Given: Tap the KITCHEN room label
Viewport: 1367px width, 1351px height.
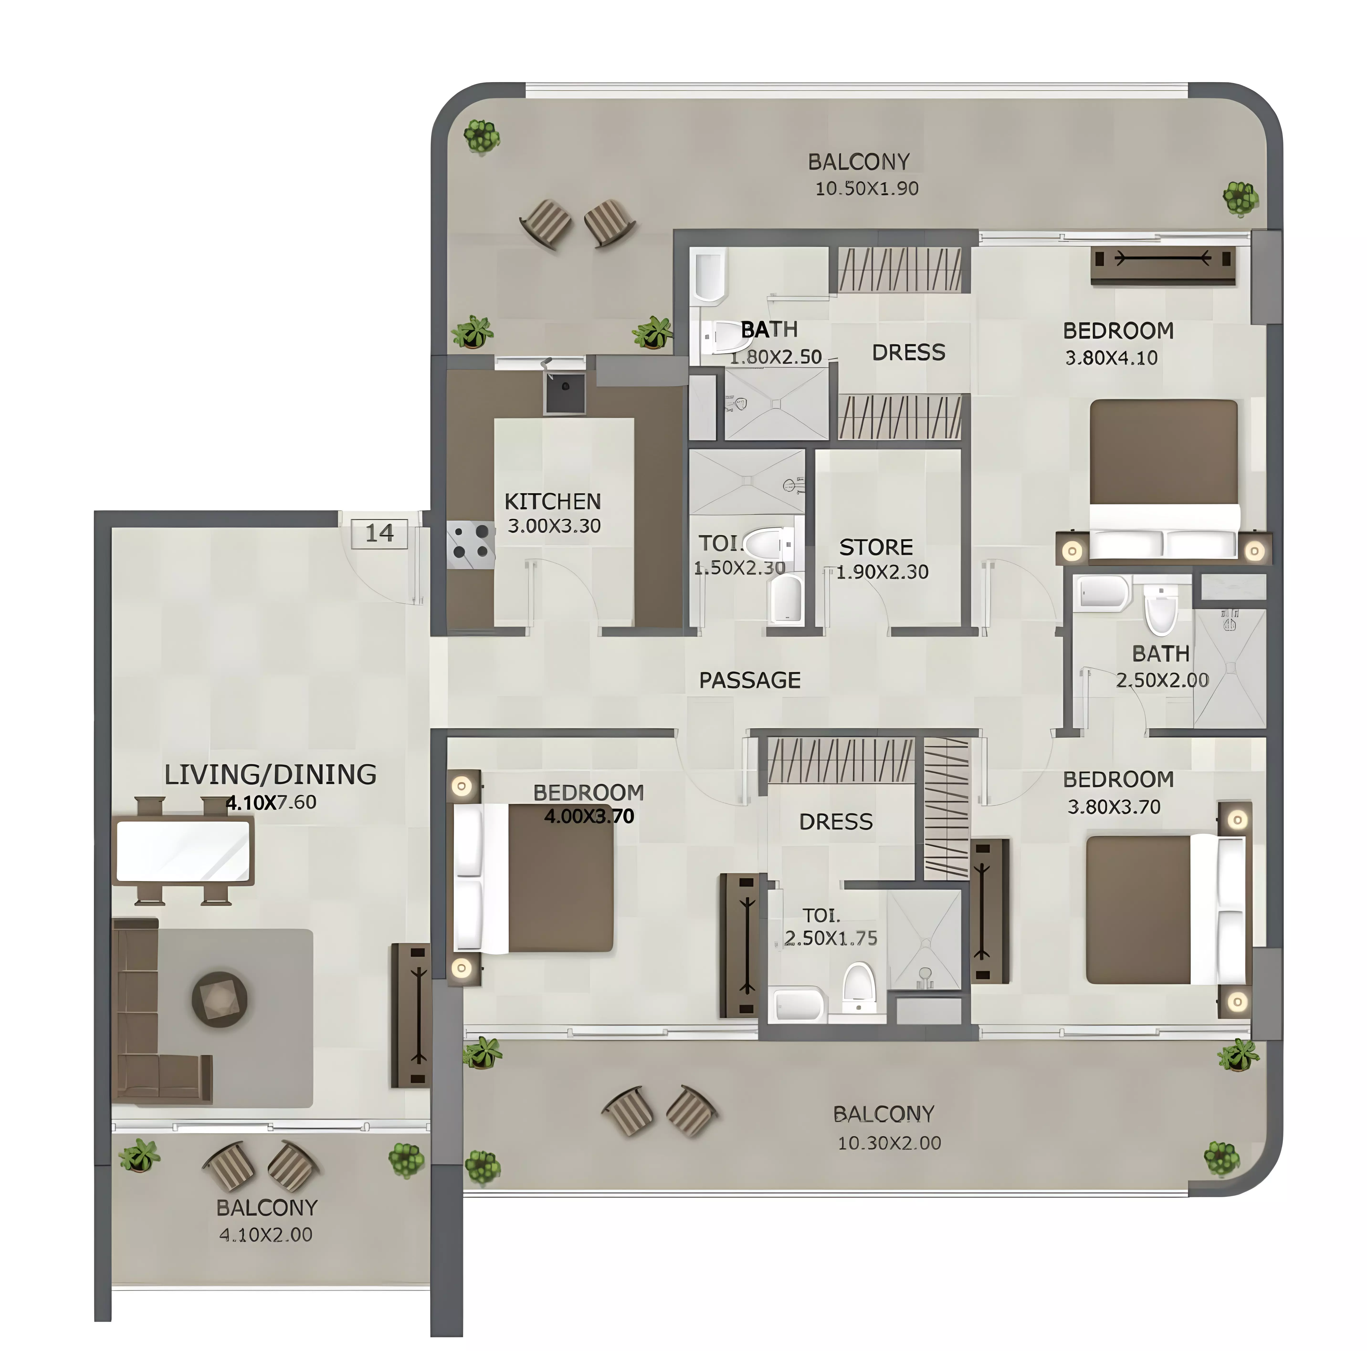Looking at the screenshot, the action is pos(553,502).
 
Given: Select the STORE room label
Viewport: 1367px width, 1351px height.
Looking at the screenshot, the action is pos(876,547).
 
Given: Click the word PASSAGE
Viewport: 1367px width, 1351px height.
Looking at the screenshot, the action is pos(750,681).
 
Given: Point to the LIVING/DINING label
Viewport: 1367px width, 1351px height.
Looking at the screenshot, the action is pos(270,774).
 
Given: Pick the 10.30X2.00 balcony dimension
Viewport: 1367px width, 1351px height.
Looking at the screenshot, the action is pos(889,1143).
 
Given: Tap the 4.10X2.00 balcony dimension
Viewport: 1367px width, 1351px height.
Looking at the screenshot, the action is pos(266,1234).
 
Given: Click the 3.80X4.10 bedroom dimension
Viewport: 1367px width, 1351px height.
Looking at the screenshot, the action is pos(1112,358).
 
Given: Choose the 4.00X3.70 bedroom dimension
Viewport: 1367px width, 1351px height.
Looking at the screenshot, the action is pos(589,816).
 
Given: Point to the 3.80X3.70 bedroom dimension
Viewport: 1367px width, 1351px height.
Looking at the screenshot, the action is pos(1114,807).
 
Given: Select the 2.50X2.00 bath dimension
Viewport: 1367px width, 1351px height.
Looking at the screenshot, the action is pos(1162,681).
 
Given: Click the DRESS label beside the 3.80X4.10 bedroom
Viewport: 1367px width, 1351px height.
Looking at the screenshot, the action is pos(909,352).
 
